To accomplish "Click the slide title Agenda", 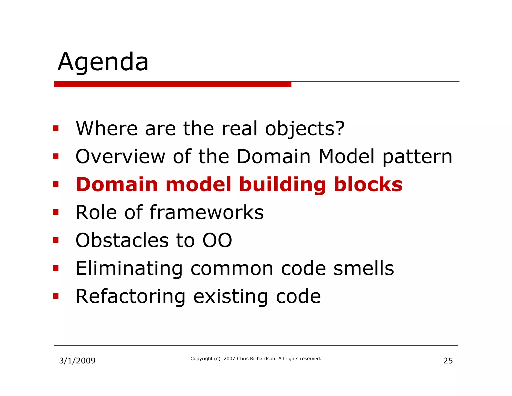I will (103, 62).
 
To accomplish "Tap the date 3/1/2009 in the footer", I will (77, 361).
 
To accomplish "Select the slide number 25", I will (448, 361).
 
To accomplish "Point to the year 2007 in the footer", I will (229, 359).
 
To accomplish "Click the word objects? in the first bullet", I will (305, 129).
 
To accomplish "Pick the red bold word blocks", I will (368, 184).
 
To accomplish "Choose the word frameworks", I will (210, 213).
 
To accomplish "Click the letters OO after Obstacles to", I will (217, 241).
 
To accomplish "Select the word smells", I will (364, 268).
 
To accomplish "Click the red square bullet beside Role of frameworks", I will (55, 213).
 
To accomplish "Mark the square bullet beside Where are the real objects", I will (55, 129).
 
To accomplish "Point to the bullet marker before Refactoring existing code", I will (55, 296).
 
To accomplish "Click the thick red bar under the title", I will (172, 84).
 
